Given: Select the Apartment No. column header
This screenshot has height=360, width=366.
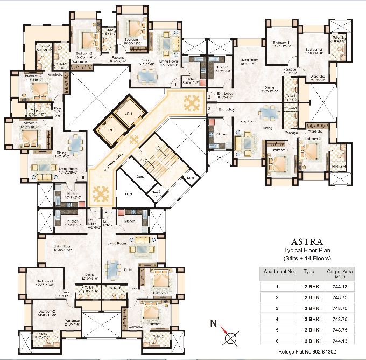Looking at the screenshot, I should pos(278,272).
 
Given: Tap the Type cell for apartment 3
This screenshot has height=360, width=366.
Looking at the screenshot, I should pos(309,308).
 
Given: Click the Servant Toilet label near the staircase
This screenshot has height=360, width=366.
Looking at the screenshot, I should pos(156,195).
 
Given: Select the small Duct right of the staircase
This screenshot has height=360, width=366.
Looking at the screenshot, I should pos(190,177).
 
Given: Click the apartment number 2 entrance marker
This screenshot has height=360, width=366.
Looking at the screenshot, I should pos(209,98).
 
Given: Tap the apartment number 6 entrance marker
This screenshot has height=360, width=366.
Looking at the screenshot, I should pos(83,177).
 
